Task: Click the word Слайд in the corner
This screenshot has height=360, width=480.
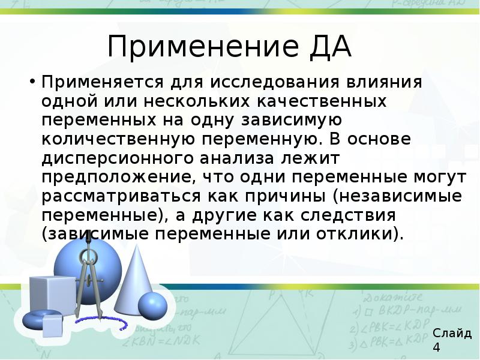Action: pyautogui.click(x=452, y=334)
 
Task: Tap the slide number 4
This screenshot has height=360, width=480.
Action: pyautogui.click(x=436, y=349)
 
